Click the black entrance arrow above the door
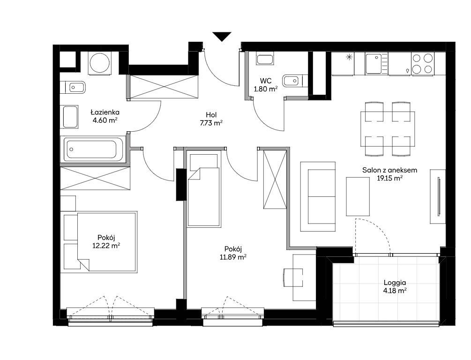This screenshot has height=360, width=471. click(x=222, y=36)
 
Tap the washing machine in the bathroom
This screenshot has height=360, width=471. click(x=100, y=63)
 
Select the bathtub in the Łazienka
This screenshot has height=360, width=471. click(x=91, y=149)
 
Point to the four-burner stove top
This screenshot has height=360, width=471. click(x=423, y=63)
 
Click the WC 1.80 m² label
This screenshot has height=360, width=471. click(x=266, y=85)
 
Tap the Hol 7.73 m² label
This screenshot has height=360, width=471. click(x=211, y=119)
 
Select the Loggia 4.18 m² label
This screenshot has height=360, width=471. click(x=395, y=286)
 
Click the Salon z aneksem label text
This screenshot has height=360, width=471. click(x=389, y=170)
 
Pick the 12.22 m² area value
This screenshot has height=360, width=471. click(x=106, y=246)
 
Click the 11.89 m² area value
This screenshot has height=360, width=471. click(x=233, y=257)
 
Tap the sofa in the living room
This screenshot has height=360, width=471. click(x=318, y=196)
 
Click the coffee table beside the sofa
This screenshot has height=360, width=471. click(x=358, y=196)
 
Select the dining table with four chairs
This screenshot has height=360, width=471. click(x=388, y=129)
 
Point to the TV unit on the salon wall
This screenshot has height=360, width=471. click(x=438, y=196)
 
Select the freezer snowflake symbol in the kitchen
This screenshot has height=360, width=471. click(x=349, y=57)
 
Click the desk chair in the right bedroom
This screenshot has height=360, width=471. click(x=293, y=277)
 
